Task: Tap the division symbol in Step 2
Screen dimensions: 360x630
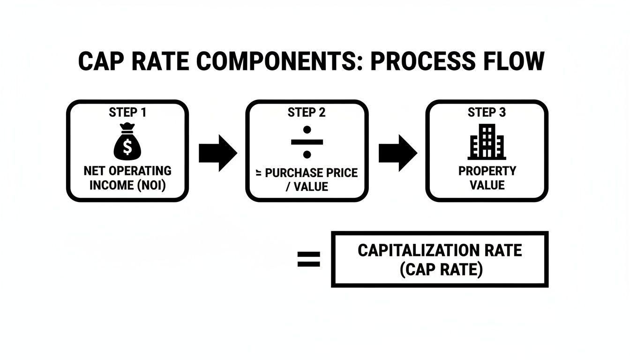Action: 307,141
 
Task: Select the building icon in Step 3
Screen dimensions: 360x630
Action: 487,142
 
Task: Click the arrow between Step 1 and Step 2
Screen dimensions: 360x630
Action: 217,153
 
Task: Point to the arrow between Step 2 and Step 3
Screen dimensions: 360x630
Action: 397,153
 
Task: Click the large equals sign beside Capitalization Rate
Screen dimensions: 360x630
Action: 309,259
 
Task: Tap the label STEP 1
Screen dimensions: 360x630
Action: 127,112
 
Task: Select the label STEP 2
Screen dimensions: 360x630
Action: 307,112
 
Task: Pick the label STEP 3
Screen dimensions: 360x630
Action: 487,112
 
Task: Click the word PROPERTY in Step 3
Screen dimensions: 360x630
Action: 487,171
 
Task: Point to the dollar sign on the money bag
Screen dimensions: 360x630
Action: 127,147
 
